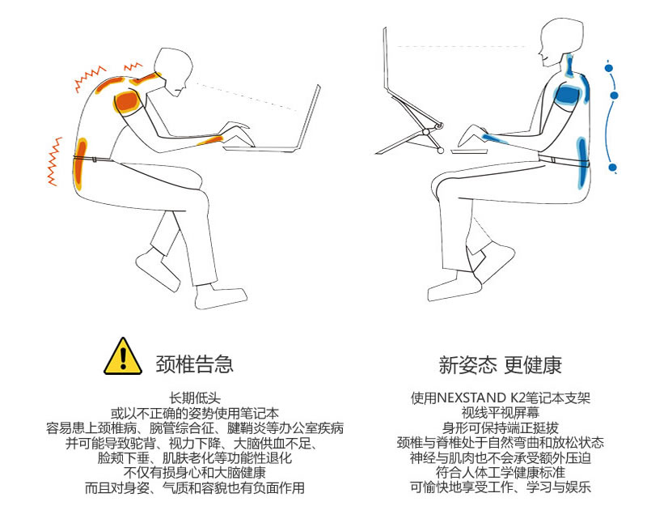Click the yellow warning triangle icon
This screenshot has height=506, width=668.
(123, 358)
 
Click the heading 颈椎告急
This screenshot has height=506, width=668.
(194, 364)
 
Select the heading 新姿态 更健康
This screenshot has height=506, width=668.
(500, 365)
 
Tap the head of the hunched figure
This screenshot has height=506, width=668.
(172, 70)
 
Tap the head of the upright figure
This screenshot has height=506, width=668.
(560, 40)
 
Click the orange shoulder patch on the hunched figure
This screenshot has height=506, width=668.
(127, 101)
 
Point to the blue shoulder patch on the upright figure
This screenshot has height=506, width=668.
(569, 96)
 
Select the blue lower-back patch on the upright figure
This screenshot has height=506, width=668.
(582, 162)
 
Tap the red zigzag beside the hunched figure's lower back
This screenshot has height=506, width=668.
(54, 161)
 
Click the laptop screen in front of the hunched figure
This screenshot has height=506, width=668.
(308, 117)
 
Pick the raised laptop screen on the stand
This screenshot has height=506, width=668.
(385, 56)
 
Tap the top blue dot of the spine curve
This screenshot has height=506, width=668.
(609, 67)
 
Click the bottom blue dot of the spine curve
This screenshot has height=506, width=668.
(612, 168)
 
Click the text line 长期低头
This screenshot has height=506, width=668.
(195, 398)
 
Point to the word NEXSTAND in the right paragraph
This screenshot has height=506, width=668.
(471, 398)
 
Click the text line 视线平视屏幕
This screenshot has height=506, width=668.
(500, 413)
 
